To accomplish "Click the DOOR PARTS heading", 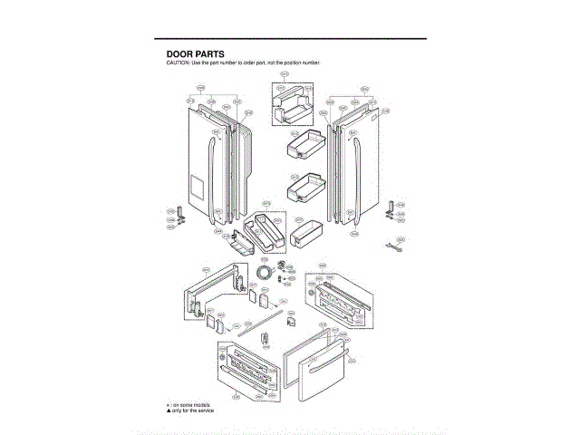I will click(195, 54).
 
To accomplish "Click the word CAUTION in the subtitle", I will click(179, 63).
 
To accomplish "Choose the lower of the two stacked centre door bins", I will click(303, 188).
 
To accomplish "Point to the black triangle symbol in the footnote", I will click(167, 411).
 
